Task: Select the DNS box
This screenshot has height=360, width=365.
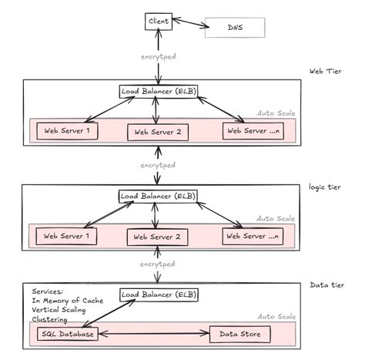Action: click(234, 29)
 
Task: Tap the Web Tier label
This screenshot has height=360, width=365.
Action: click(325, 72)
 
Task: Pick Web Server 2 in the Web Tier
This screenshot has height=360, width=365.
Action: click(157, 132)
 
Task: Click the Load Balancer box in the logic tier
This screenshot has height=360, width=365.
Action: click(157, 197)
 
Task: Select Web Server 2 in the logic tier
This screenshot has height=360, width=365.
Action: click(157, 237)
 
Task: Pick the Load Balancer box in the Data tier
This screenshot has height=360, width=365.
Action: click(157, 295)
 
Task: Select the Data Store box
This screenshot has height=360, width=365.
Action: click(241, 335)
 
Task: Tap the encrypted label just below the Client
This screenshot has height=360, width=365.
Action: click(157, 57)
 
